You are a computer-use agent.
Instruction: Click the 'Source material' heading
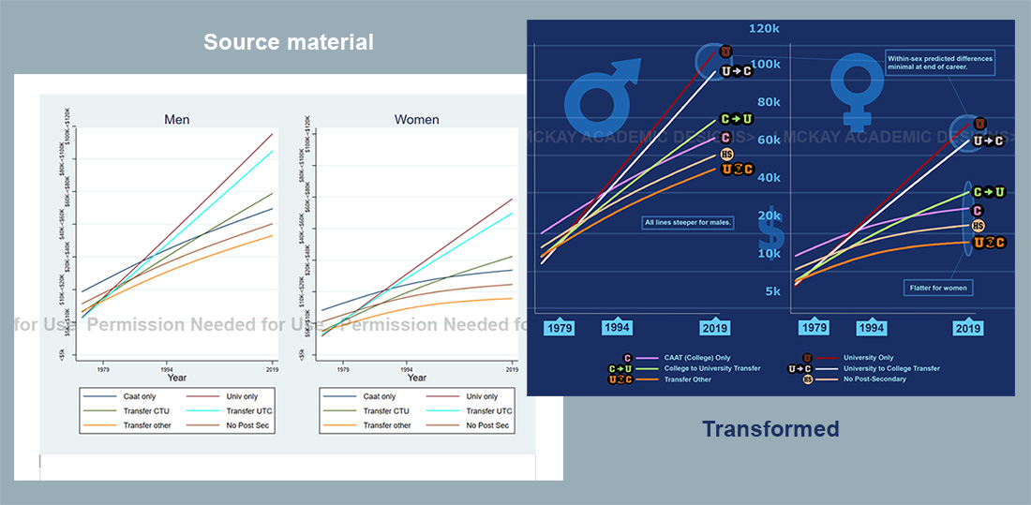pyautogui.click(x=288, y=42)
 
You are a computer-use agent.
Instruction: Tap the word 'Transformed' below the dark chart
pyautogui.click(x=770, y=429)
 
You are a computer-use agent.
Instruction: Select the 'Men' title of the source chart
pyautogui.click(x=176, y=119)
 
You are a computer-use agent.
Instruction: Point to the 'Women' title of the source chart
pyautogui.click(x=416, y=119)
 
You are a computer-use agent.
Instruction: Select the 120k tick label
pyautogui.click(x=764, y=29)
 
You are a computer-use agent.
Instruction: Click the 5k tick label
pyautogui.click(x=771, y=291)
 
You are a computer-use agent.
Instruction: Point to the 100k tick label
pyautogui.click(x=764, y=65)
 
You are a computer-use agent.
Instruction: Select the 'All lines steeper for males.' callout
pyautogui.click(x=688, y=222)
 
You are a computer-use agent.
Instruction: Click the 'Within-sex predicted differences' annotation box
pyautogui.click(x=938, y=63)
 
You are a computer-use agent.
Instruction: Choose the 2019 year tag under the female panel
pyautogui.click(x=967, y=329)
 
